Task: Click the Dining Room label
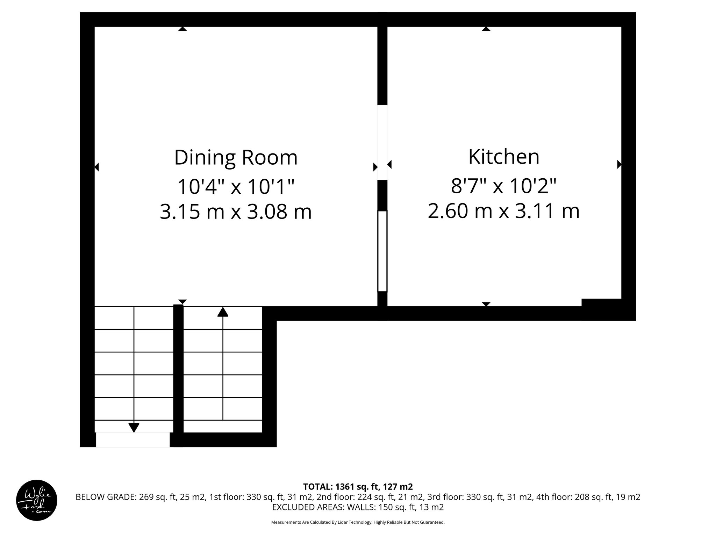(236, 158)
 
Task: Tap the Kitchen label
(503, 157)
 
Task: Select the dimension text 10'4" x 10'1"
(236, 186)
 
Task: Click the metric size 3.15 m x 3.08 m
(236, 212)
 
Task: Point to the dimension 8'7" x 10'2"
(503, 186)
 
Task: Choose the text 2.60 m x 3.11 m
(503, 211)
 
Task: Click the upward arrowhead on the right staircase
(223, 312)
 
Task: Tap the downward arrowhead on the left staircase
(134, 427)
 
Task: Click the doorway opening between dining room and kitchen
(382, 142)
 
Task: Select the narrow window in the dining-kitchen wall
(382, 251)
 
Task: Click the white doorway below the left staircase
(133, 440)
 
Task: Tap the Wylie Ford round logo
(37, 500)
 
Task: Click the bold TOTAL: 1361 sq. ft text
(358, 487)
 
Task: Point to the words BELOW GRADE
(105, 497)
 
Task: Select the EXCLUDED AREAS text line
(358, 507)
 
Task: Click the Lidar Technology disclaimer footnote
(358, 522)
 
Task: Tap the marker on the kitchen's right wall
(619, 164)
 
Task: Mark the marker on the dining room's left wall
(97, 167)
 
